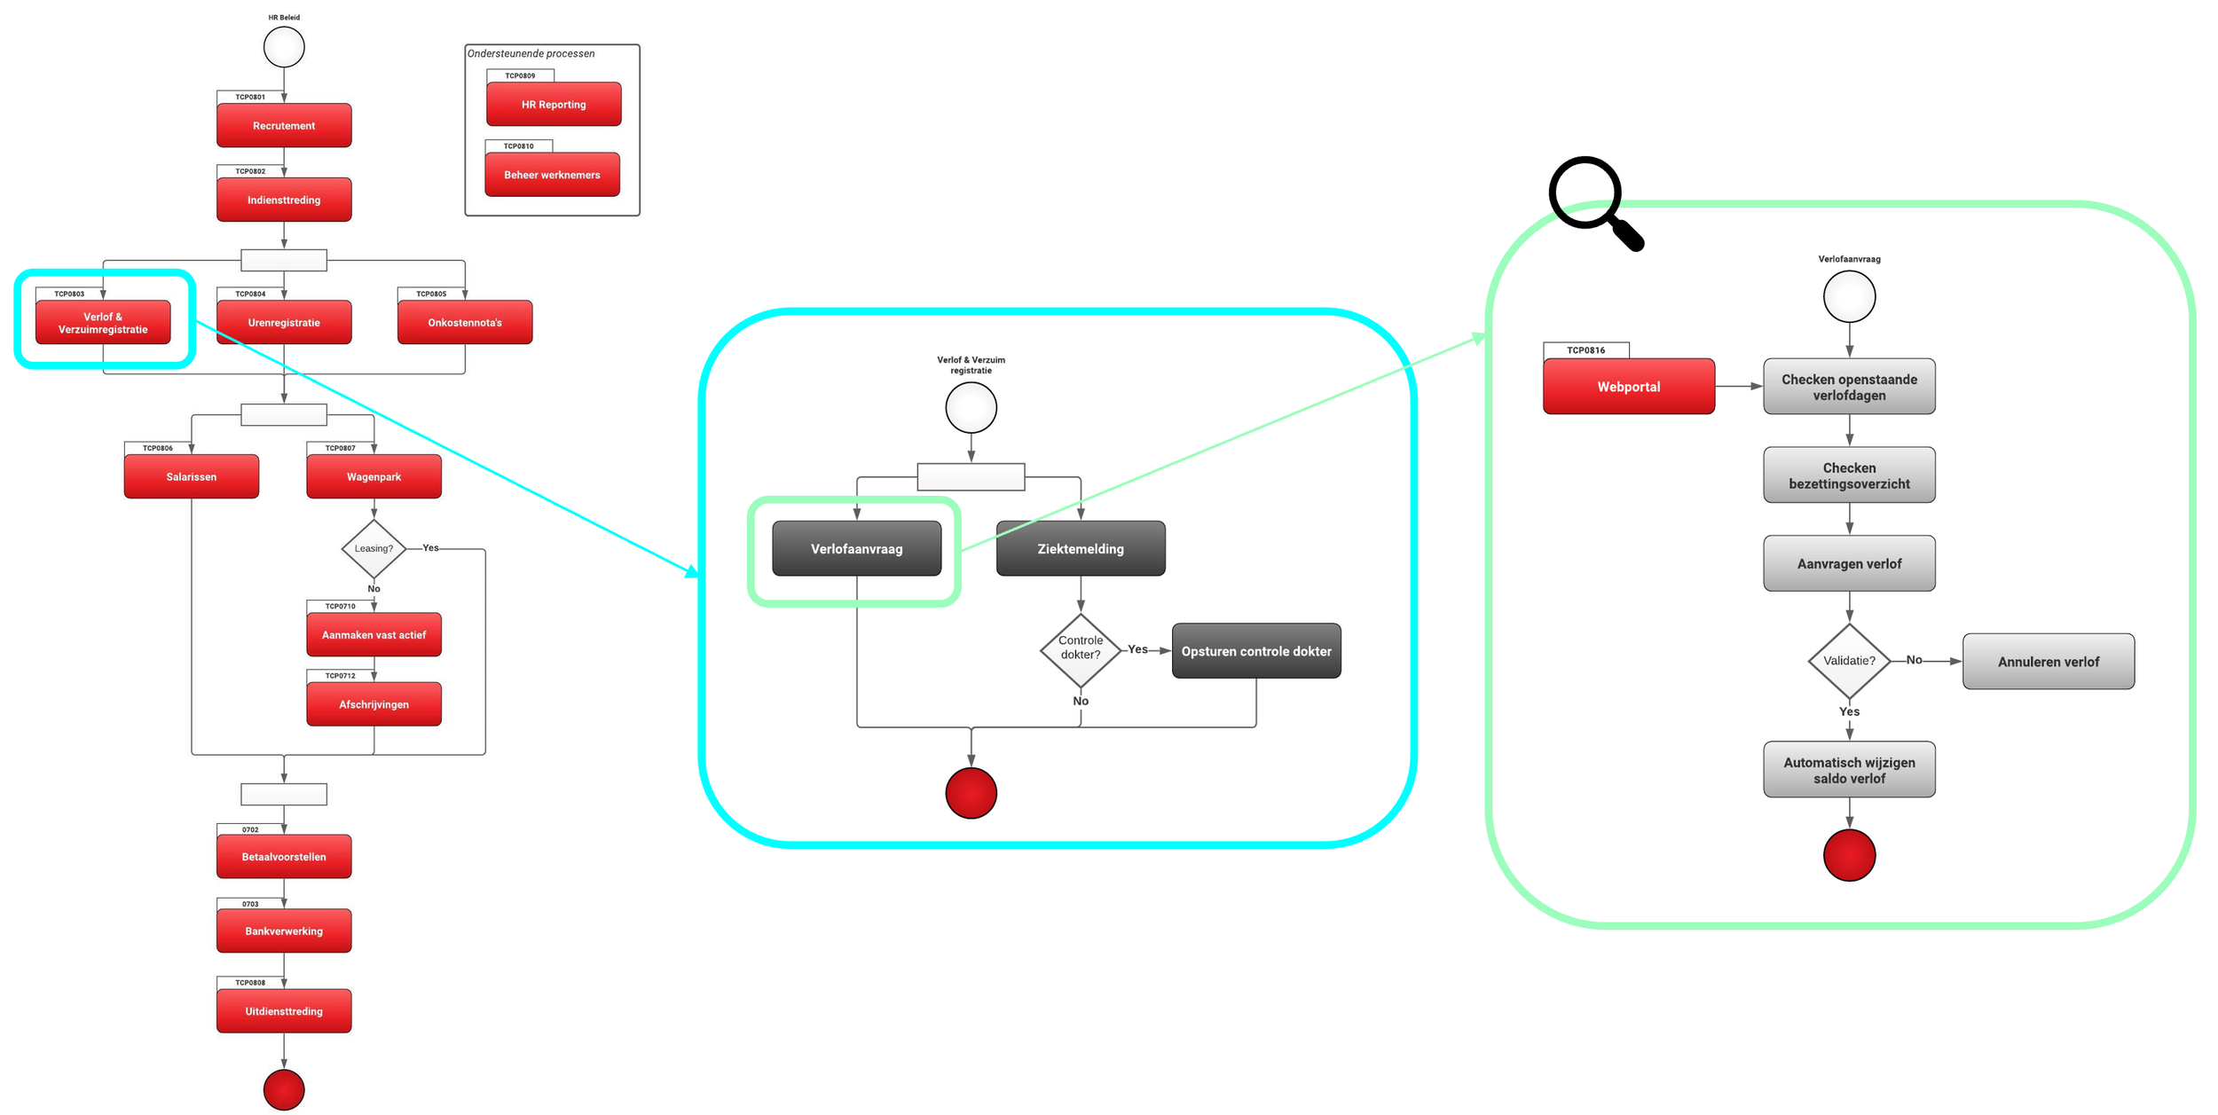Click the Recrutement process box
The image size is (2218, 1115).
[x=284, y=125]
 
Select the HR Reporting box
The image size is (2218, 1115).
[x=554, y=104]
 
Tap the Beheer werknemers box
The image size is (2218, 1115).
[x=552, y=175]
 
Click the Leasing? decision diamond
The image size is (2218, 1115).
[x=374, y=548]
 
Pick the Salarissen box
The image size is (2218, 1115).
[x=192, y=476]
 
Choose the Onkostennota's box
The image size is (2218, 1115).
[x=465, y=322]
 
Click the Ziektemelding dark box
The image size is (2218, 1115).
[x=1080, y=548]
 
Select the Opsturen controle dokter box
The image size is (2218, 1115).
[x=1255, y=651]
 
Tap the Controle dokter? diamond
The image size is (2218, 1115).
[x=1080, y=649]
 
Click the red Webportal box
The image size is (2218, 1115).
[x=1628, y=387]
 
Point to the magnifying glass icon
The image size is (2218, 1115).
[x=1593, y=200]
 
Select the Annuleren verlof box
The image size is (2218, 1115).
[x=2048, y=662]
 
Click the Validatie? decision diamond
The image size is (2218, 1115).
[x=1849, y=661]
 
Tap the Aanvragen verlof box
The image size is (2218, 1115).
[x=1849, y=563]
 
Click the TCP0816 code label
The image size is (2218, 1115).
[x=1585, y=350]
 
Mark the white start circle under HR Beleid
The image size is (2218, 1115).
[x=284, y=47]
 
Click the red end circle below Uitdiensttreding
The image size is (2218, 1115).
[x=284, y=1089]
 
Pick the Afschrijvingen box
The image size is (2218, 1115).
[x=374, y=704]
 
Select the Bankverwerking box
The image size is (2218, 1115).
[x=284, y=930]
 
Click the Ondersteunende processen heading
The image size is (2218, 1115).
[x=531, y=53]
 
